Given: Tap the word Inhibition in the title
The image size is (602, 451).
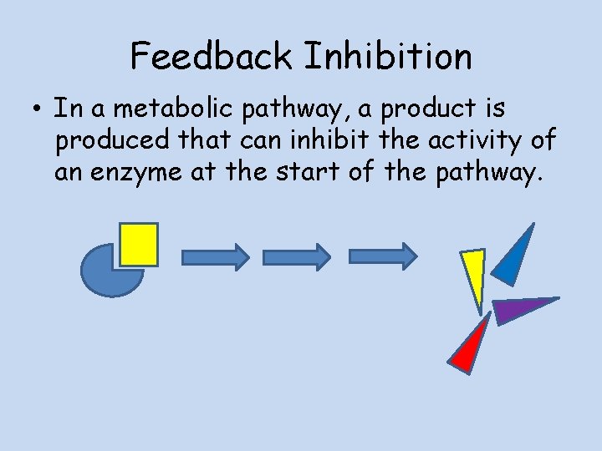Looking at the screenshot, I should (388, 57).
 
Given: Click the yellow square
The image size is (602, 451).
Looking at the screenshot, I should (138, 244).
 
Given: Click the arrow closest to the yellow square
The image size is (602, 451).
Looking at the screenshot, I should (215, 256).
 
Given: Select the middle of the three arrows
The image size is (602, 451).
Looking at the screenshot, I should (297, 256).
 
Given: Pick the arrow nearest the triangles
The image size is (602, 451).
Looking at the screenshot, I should (382, 256).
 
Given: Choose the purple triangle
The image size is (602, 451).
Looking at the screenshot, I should (518, 309).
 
